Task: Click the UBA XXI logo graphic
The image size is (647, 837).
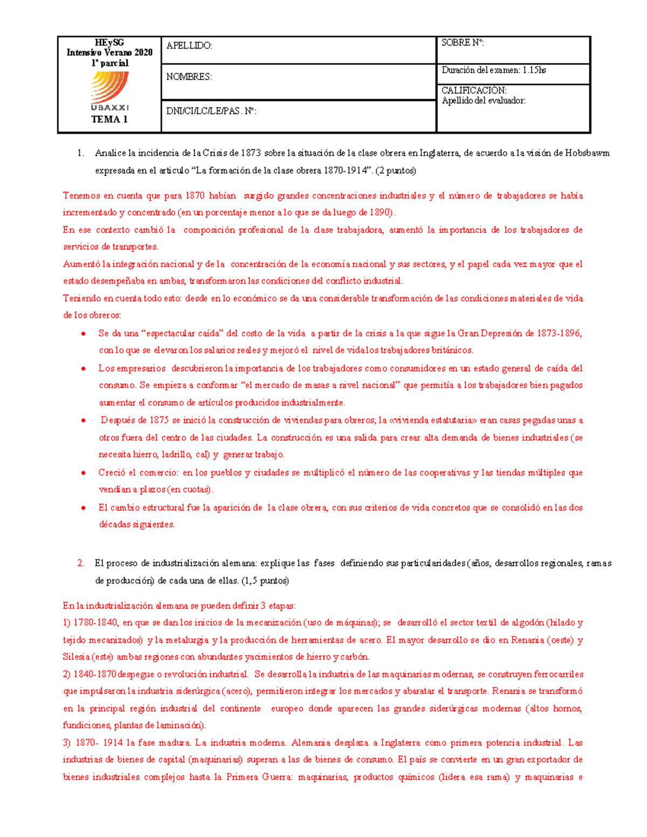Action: [x=110, y=91]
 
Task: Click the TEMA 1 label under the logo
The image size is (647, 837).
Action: [x=109, y=120]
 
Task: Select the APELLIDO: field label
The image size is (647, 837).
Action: [x=189, y=46]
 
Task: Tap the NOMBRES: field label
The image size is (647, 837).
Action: [x=189, y=77]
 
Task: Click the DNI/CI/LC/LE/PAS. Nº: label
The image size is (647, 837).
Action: [x=211, y=112]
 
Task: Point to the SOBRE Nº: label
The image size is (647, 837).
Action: [x=463, y=43]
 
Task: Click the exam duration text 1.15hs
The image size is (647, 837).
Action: [x=534, y=70]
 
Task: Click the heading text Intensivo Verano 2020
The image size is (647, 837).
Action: [x=109, y=52]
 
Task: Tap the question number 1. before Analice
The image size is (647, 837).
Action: [x=80, y=153]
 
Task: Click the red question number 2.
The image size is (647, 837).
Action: [x=80, y=563]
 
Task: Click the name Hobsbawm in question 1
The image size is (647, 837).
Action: [x=587, y=153]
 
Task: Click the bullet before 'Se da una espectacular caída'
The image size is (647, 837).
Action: [x=84, y=334]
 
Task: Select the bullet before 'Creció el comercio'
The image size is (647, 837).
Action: [x=84, y=473]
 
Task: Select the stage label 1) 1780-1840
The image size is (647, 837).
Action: [x=90, y=622]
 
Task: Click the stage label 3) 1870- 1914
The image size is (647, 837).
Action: [x=93, y=743]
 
